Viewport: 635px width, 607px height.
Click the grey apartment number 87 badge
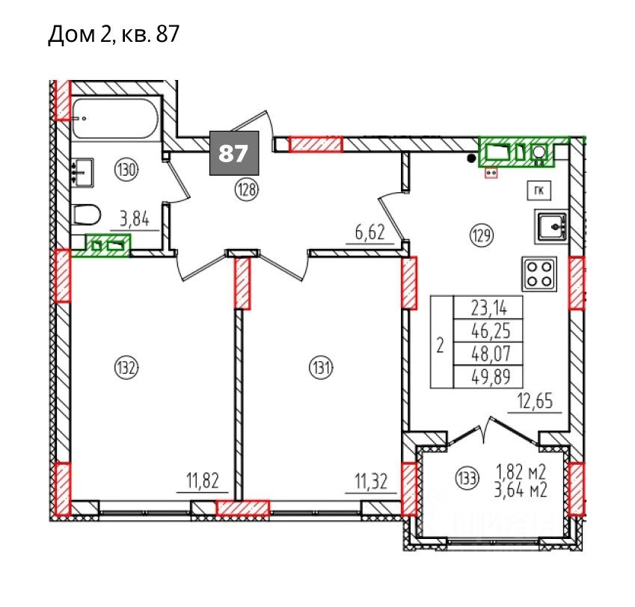click(234, 153)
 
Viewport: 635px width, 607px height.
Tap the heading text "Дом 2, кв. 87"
click(114, 34)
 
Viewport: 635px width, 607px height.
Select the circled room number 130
click(126, 170)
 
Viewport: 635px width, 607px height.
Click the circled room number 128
click(247, 188)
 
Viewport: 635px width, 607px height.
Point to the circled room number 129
click(481, 235)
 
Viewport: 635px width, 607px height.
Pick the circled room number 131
click(321, 368)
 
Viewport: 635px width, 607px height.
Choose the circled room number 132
click(126, 368)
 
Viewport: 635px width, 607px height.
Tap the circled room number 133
click(467, 478)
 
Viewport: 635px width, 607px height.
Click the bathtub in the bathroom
click(115, 118)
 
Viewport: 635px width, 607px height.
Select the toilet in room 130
click(87, 215)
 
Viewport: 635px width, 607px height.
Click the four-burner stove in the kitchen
click(539, 274)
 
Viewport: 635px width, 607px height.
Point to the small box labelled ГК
click(539, 191)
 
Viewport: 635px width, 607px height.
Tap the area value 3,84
click(135, 219)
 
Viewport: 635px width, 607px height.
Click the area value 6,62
click(369, 233)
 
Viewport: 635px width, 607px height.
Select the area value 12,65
click(535, 401)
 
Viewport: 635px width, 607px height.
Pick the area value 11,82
click(203, 481)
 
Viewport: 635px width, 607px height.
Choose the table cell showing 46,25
click(488, 331)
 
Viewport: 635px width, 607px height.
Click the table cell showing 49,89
click(488, 377)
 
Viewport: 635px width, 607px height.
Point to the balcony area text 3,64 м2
click(521, 490)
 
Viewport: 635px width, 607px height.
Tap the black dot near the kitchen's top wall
click(471, 158)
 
